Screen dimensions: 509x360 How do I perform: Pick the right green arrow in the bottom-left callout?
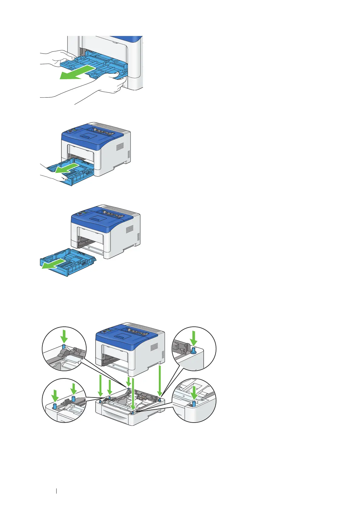tap(73, 389)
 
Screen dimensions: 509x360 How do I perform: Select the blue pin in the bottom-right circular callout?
tap(194, 404)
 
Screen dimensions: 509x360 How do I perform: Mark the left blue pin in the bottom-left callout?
tap(55, 406)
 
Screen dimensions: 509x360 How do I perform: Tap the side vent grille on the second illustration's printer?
tap(120, 147)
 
